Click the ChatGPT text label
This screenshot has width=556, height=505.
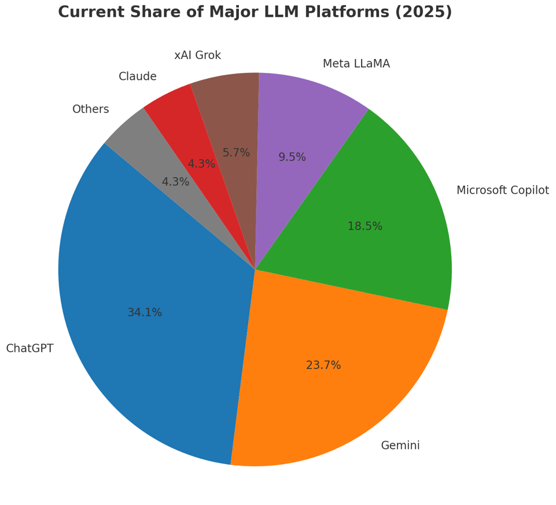pos(30,349)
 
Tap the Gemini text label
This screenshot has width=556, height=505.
pos(400,446)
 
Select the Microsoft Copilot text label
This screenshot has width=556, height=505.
pos(502,190)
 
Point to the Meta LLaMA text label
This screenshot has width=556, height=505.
pos(356,64)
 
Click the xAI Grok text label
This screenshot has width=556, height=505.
pos(197,56)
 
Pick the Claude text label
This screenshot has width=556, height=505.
pos(137,76)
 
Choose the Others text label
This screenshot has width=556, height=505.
pos(90,109)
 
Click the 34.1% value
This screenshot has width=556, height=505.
pos(145,312)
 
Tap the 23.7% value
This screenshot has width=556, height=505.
pos(323,366)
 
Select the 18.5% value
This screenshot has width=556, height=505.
pos(364,227)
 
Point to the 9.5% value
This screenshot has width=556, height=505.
pos(292,157)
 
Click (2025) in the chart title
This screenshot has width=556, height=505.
pos(424,12)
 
